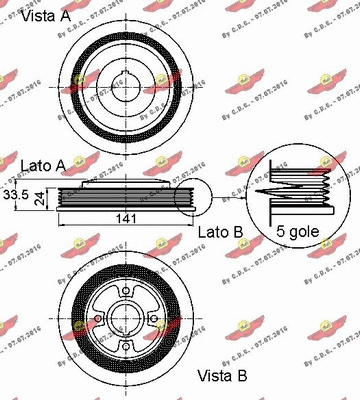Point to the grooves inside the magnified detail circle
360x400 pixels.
(x=300, y=187)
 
